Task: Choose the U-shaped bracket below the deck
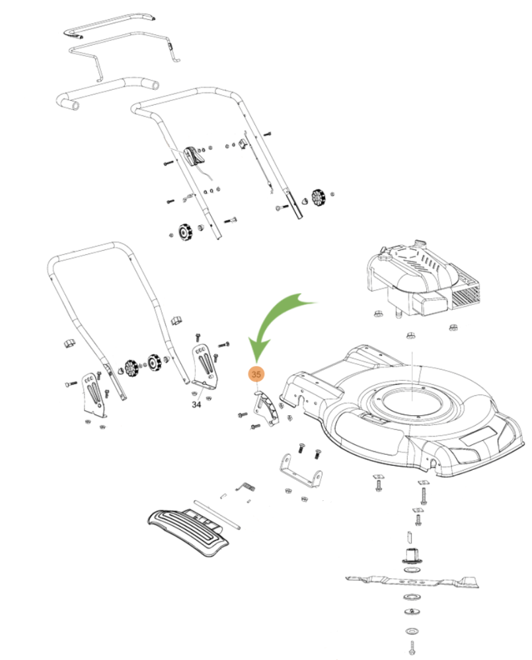[x=300, y=472]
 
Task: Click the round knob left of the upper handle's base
[x=182, y=232]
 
